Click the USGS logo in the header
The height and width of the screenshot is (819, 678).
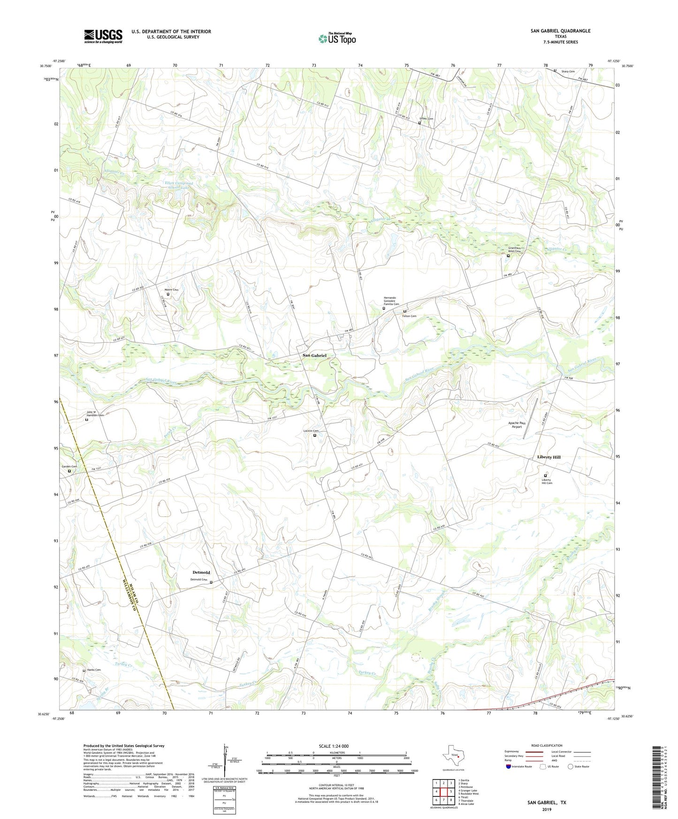(x=103, y=36)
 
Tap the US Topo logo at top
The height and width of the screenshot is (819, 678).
(x=337, y=38)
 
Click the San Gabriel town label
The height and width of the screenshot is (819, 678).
(x=314, y=356)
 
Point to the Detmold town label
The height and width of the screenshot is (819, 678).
(x=201, y=572)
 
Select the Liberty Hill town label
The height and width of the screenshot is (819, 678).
(x=548, y=457)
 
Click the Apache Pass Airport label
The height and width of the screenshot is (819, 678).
(x=517, y=425)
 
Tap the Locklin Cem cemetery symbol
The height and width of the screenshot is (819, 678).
(x=315, y=435)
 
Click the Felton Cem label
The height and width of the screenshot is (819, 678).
(x=409, y=316)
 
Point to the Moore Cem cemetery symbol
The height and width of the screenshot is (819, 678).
(x=168, y=295)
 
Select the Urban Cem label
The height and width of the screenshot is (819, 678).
(x=426, y=119)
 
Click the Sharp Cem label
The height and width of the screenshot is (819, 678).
(x=568, y=71)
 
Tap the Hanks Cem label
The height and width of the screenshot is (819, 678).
(x=94, y=670)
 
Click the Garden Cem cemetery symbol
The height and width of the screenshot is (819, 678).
(x=69, y=471)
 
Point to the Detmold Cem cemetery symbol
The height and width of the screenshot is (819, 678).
(x=211, y=582)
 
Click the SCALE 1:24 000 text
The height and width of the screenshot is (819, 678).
(x=334, y=746)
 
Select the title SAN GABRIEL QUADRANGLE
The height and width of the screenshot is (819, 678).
(x=560, y=31)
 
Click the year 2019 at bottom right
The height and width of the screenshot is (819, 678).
(x=547, y=809)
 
